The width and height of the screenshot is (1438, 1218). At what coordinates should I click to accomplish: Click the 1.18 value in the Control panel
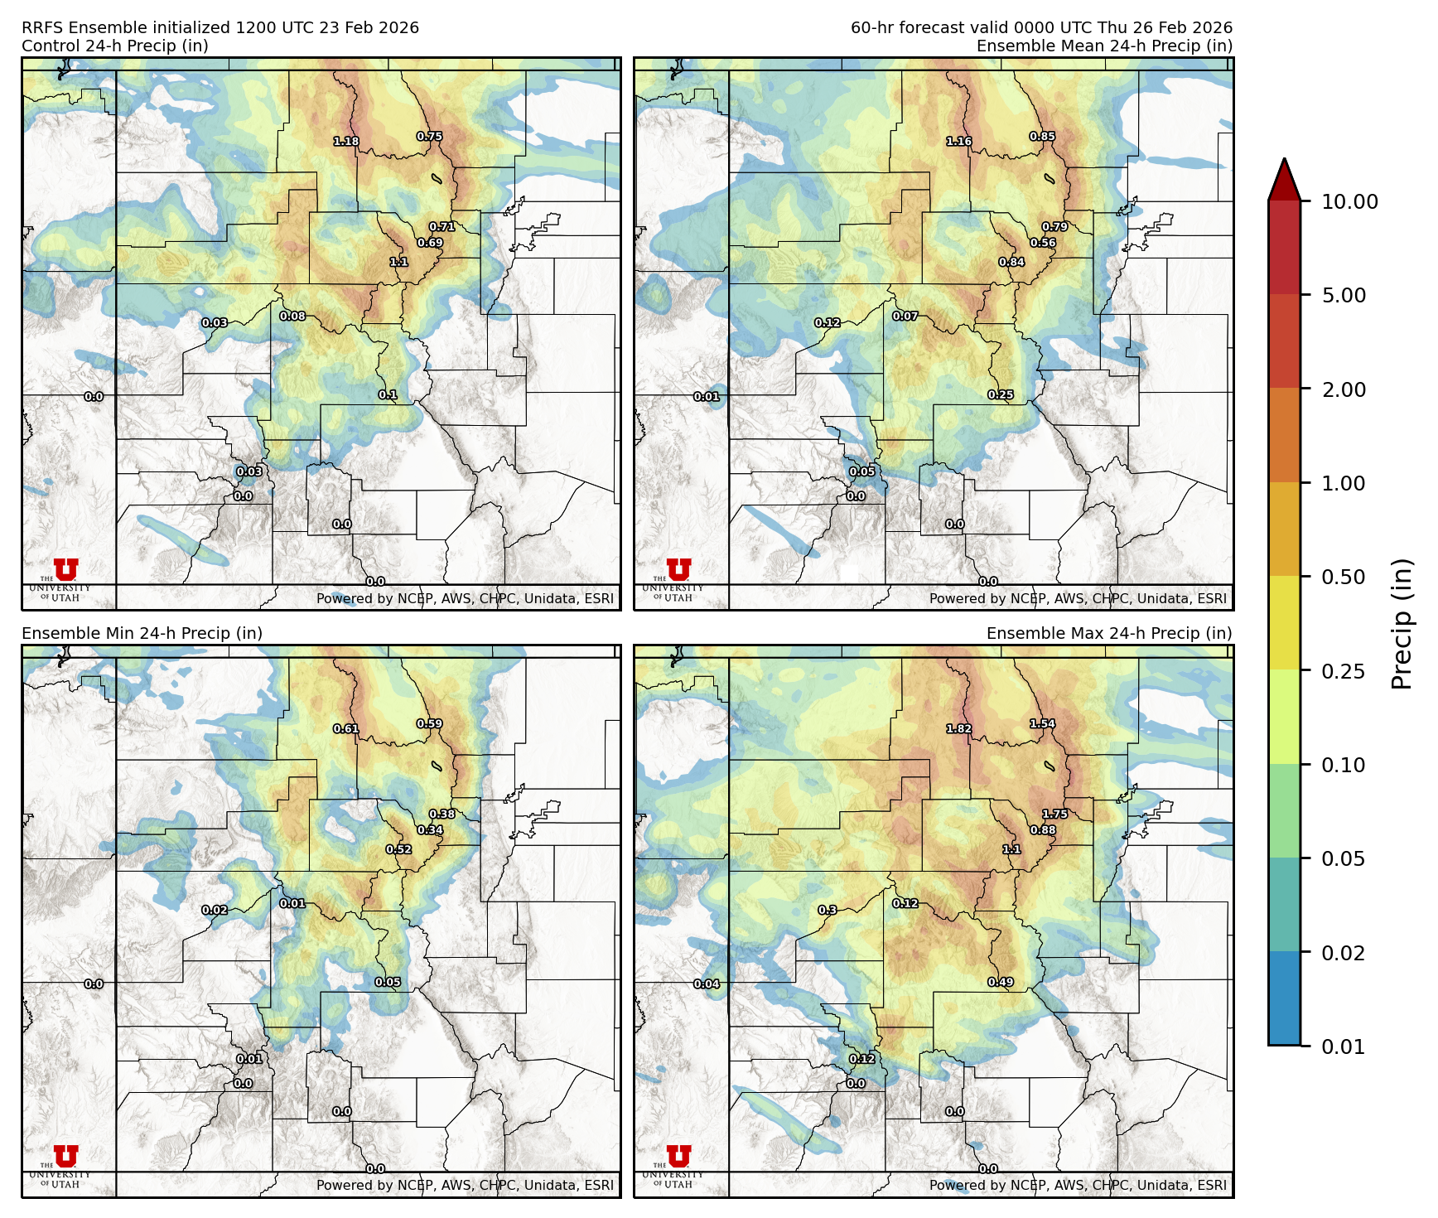[346, 142]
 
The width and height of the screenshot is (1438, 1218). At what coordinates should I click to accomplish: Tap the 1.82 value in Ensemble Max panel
[959, 729]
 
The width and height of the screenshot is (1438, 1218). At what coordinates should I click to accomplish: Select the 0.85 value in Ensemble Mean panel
[1042, 137]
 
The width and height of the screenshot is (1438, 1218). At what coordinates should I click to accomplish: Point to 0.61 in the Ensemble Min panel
[346, 729]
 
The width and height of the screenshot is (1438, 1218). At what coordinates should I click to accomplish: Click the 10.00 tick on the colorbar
[1349, 201]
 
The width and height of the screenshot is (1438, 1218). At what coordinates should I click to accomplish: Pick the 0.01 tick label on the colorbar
[1343, 1046]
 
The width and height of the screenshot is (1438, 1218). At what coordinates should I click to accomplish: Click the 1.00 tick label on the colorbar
[1343, 483]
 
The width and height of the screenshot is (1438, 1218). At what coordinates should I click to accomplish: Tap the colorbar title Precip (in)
[1402, 624]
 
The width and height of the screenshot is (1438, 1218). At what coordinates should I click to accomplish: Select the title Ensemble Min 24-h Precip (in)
[142, 633]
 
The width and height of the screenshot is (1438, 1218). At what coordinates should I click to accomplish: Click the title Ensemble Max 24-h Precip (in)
[1108, 633]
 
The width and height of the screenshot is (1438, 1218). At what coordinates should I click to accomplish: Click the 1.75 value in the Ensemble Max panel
[1054, 814]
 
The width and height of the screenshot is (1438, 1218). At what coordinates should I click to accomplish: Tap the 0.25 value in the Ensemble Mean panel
[1001, 395]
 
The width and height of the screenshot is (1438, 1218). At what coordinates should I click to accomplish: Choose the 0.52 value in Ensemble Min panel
[398, 849]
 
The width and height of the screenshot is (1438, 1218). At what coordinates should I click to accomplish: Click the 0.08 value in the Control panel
[292, 317]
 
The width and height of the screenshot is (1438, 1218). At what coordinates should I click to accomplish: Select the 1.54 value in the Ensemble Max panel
[1042, 724]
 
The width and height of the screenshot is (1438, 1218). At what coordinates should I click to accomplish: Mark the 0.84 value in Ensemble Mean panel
[1011, 263]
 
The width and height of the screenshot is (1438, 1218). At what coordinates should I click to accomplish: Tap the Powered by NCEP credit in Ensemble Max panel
[1077, 1185]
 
